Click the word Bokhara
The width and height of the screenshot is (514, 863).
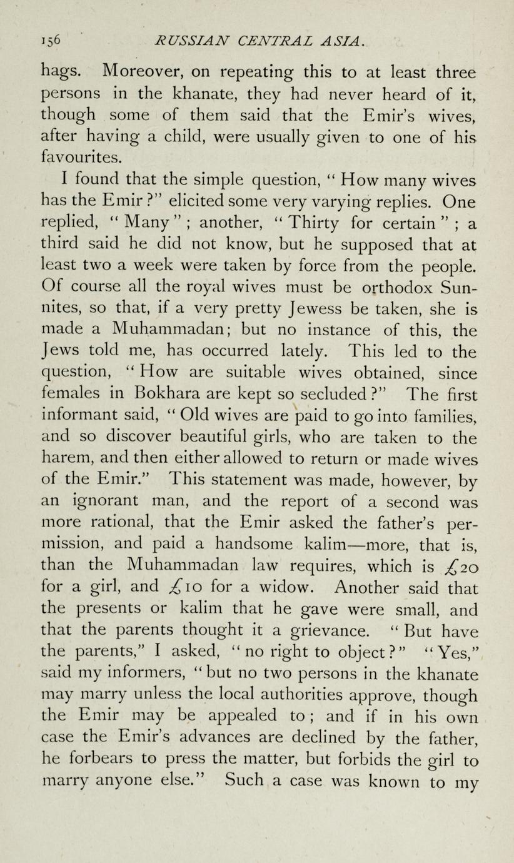[x=164, y=395]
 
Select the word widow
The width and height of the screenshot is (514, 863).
[x=283, y=588]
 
